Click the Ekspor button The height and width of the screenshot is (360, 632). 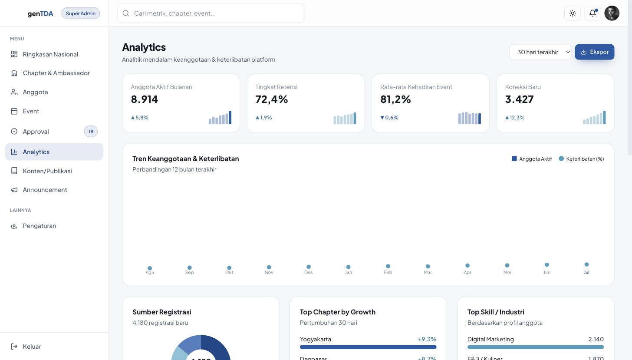point(595,52)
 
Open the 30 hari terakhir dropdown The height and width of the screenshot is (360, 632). point(540,52)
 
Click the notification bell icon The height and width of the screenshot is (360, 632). point(592,13)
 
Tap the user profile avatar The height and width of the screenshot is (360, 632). point(612,13)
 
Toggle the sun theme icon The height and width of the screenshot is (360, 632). point(573,13)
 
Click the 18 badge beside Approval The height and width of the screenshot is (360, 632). point(91,131)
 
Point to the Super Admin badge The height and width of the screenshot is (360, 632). point(80,13)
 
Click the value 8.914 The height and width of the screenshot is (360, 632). point(145,99)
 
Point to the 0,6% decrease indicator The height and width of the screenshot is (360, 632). point(389,117)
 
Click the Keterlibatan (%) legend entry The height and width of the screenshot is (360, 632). point(581,159)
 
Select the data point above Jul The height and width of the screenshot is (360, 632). point(586,264)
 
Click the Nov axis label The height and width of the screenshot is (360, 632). point(269,272)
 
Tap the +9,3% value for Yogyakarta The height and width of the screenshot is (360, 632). point(427,339)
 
